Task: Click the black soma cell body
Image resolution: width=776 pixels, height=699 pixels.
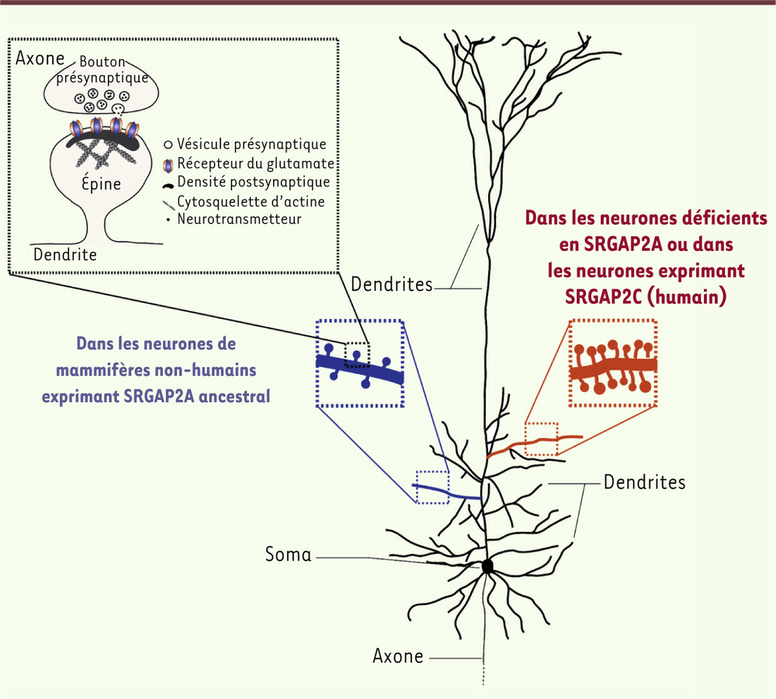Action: tap(487, 566)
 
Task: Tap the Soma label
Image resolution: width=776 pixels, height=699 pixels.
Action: tap(289, 555)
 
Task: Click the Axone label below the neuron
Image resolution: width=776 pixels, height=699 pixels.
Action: tap(398, 656)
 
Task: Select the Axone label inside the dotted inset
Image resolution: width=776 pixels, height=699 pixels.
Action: tap(40, 58)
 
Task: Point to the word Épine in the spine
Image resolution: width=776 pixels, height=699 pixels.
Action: tap(102, 183)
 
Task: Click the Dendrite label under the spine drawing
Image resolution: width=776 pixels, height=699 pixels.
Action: tap(65, 255)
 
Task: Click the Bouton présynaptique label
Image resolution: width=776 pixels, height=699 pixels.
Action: tap(102, 69)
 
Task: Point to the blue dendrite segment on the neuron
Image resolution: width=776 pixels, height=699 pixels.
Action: tap(446, 492)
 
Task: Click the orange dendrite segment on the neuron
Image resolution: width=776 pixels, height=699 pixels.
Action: tap(535, 445)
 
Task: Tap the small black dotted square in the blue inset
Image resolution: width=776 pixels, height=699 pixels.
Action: tap(357, 355)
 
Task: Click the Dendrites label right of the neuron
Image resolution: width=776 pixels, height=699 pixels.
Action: tap(644, 482)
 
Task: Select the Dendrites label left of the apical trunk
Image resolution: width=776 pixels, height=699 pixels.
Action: tap(391, 284)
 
